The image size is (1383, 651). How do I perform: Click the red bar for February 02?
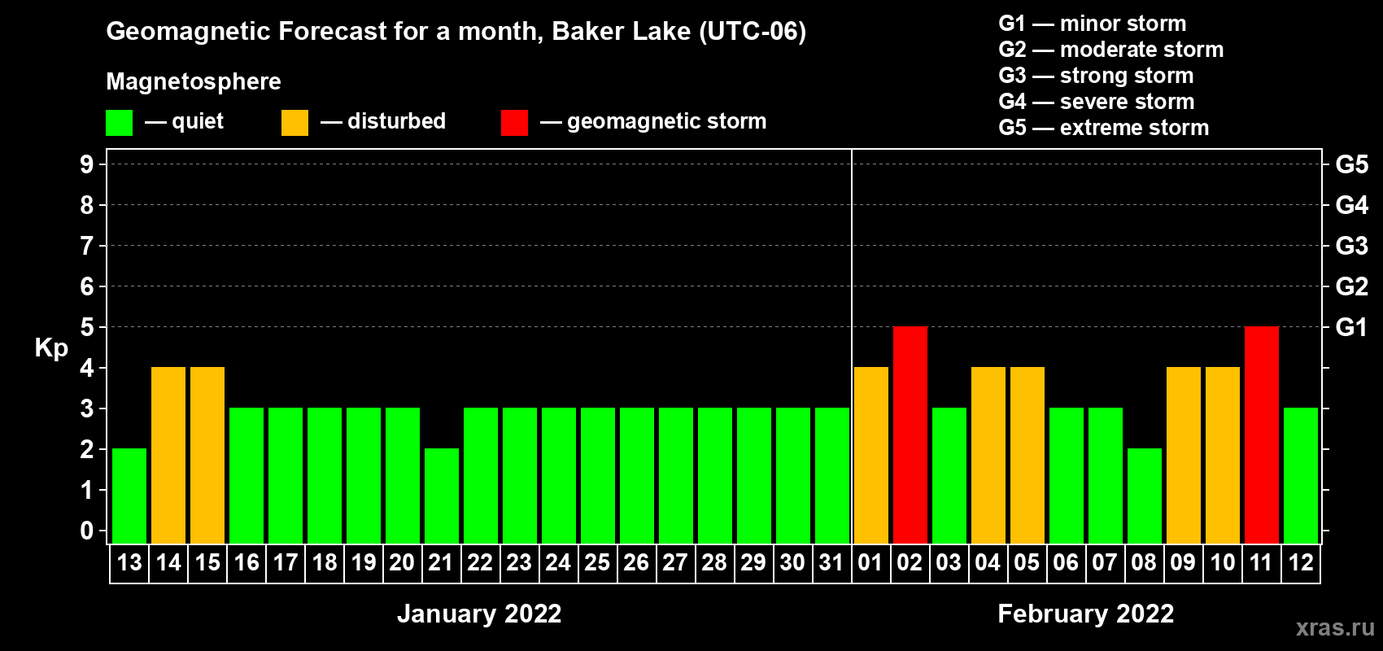click(x=910, y=435)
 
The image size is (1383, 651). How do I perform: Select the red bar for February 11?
click(x=1261, y=435)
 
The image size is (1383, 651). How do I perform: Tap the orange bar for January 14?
click(x=168, y=455)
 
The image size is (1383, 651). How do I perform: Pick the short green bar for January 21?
click(x=442, y=496)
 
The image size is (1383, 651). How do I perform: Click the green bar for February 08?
click(x=1144, y=496)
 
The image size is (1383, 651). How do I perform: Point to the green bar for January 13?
click(x=129, y=496)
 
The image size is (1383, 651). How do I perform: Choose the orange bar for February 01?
click(x=871, y=455)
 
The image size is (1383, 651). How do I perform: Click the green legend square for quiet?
click(x=119, y=122)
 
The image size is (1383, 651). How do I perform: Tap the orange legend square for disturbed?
click(x=294, y=122)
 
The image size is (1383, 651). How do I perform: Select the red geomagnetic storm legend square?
click(x=514, y=122)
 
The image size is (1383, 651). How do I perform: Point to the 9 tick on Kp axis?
click(x=86, y=164)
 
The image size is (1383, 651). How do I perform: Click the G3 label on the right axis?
click(x=1351, y=246)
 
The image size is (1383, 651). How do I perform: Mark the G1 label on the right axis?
click(x=1351, y=327)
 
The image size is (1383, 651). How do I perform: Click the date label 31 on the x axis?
click(x=831, y=562)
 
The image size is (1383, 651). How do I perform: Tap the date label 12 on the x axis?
click(x=1300, y=562)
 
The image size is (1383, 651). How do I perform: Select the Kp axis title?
click(x=51, y=348)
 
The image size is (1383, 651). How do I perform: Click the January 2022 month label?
click(x=479, y=614)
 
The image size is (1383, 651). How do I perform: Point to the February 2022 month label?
click(x=1085, y=614)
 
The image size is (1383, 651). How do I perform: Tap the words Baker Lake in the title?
click(x=621, y=31)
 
